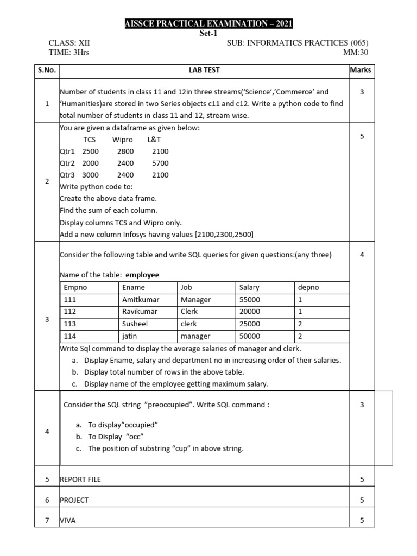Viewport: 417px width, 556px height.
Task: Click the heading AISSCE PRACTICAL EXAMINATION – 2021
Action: pyautogui.click(x=208, y=23)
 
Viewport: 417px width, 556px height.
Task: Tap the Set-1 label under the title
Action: pyautogui.click(x=208, y=33)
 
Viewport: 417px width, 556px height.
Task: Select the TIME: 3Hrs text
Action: pyautogui.click(x=68, y=52)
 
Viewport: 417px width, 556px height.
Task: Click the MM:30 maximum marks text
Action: pyautogui.click(x=356, y=52)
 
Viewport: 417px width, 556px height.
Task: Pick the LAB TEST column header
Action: pyautogui.click(x=204, y=70)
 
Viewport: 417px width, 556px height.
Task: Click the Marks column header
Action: pyautogui.click(x=361, y=70)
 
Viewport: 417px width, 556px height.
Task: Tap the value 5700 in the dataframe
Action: pyautogui.click(x=160, y=163)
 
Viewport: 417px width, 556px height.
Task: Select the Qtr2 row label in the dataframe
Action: pyautogui.click(x=68, y=163)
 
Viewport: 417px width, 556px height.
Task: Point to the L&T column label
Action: pyautogui.click(x=154, y=140)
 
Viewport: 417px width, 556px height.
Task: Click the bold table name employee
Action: pyautogui.click(x=142, y=275)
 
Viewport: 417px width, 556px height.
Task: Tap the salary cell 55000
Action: pyautogui.click(x=250, y=300)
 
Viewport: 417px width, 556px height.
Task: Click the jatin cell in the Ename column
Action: pyautogui.click(x=130, y=337)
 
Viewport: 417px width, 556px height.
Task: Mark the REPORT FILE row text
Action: pyautogui.click(x=81, y=479)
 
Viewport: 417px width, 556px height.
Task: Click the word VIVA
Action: pyautogui.click(x=68, y=520)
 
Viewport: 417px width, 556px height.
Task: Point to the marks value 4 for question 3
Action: pyautogui.click(x=362, y=255)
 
